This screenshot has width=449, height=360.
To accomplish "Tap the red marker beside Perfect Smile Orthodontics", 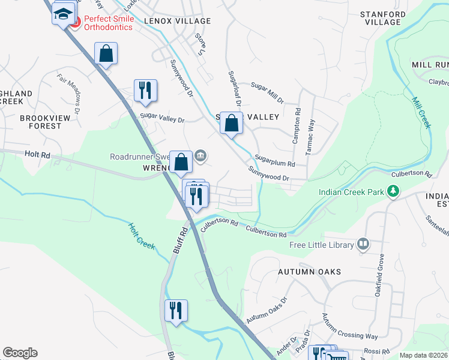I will [75, 23].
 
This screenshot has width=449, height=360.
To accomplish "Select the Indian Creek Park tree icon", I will [393, 191].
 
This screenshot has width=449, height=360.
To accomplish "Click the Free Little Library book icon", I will [363, 244].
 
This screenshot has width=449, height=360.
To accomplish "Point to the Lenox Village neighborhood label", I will [177, 21].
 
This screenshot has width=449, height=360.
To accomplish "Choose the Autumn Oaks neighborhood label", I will [309, 272].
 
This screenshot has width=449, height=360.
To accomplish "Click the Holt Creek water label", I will [142, 236].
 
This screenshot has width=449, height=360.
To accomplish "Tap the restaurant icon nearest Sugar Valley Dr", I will [145, 90].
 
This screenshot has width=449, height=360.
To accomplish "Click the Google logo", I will [20, 353].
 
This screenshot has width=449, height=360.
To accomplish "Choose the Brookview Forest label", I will [40, 122].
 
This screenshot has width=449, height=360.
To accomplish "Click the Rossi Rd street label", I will [376, 350].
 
